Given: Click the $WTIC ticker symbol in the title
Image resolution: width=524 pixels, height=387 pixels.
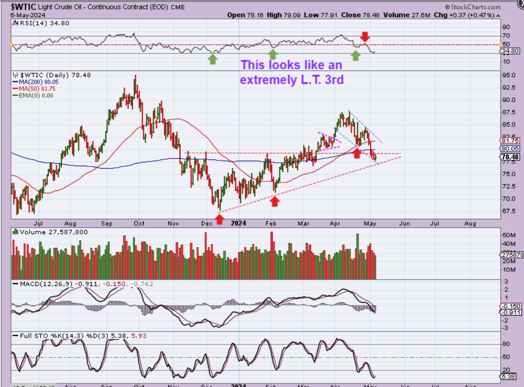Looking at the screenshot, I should click(24, 7).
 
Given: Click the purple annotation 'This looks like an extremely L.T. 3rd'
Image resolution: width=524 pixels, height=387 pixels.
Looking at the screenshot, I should click(292, 72).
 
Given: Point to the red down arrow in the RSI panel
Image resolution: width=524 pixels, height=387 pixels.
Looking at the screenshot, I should click(365, 36).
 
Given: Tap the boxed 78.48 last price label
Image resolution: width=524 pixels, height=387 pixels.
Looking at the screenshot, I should click(510, 157).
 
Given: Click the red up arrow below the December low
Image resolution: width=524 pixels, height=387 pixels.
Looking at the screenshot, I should click(220, 219).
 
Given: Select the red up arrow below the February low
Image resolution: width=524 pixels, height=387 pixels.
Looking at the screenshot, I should click(274, 201).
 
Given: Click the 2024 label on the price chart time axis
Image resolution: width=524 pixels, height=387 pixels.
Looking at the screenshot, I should click(238, 223).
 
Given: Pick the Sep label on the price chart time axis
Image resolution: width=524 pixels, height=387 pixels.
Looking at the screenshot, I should click(107, 223).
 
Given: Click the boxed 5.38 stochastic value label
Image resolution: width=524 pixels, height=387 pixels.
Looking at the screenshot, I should click(510, 377).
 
